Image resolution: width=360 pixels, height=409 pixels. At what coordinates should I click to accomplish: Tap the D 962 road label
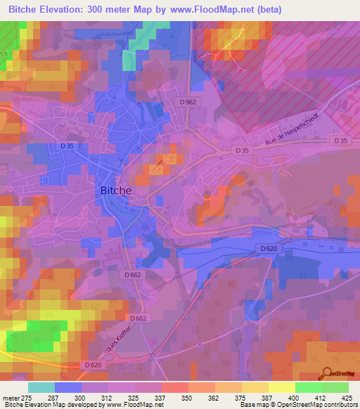pyautogui.click(x=188, y=102)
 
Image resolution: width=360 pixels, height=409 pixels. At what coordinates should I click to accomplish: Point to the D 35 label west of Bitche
pyautogui.click(x=67, y=145)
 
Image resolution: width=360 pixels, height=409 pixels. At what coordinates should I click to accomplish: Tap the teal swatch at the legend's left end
pyautogui.click(x=41, y=387)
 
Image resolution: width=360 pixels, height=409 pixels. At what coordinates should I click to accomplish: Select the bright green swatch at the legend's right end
pyautogui.click(x=335, y=387)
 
